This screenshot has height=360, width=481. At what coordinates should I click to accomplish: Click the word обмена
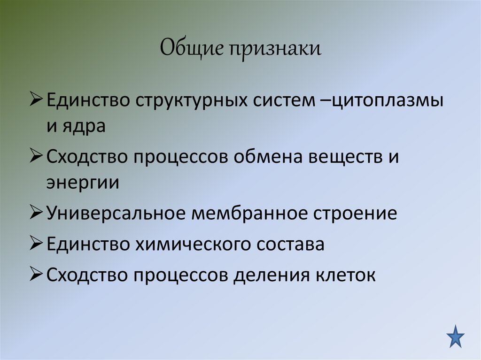coord(266,157)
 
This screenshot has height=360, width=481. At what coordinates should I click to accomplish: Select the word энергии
coord(83,183)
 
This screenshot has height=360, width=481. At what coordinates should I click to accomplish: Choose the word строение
coord(355,214)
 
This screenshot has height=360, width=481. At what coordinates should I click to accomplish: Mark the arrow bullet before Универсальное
coord(37,214)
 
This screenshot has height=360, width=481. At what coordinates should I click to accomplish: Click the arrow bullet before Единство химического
coord(37,244)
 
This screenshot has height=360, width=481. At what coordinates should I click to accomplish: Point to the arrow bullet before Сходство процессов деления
coord(37,275)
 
